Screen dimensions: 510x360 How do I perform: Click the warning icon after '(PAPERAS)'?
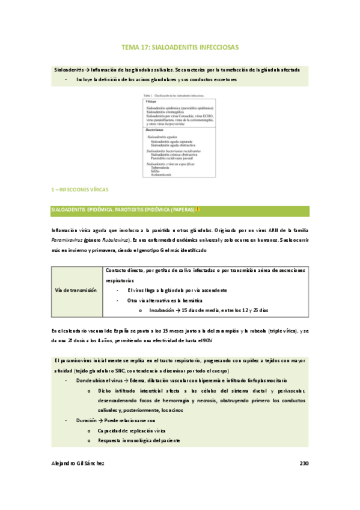[198, 210]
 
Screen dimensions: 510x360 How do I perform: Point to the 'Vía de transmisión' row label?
[75, 290]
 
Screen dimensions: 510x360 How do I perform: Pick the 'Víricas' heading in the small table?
[152, 102]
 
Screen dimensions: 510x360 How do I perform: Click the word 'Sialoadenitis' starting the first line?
[69, 70]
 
